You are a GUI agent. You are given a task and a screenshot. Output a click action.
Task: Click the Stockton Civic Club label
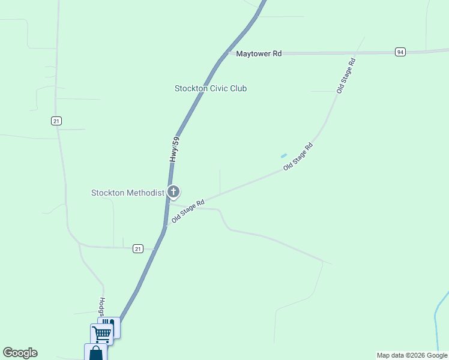click(211, 88)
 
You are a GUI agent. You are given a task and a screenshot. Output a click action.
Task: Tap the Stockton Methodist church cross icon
click(173, 192)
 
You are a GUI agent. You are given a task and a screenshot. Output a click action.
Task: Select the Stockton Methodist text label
click(127, 193)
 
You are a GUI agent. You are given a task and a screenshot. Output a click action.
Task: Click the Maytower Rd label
click(259, 53)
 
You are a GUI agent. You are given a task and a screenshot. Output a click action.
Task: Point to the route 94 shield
click(400, 52)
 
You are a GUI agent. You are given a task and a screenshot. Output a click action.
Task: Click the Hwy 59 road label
click(175, 150)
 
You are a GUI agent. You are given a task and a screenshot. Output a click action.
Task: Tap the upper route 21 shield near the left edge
click(56, 121)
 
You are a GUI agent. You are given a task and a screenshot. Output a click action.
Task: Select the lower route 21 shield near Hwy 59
click(138, 248)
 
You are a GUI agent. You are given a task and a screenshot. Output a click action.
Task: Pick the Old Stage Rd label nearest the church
click(188, 211)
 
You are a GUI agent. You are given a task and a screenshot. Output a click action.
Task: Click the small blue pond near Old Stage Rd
click(284, 156)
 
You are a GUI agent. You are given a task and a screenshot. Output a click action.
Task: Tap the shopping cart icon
click(102, 334)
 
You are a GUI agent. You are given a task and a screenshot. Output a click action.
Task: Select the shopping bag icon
click(95, 353)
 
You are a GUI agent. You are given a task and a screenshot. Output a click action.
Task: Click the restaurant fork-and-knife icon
click(113, 324)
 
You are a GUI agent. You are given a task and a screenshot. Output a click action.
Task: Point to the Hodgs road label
click(102, 306)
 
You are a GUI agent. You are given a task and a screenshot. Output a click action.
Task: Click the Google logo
click(20, 353)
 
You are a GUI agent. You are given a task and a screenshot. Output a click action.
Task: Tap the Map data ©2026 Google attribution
click(412, 355)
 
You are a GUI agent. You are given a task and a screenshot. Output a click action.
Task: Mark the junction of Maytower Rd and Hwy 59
click(227, 53)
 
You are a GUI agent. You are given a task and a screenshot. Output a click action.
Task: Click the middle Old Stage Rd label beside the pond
click(298, 157)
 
